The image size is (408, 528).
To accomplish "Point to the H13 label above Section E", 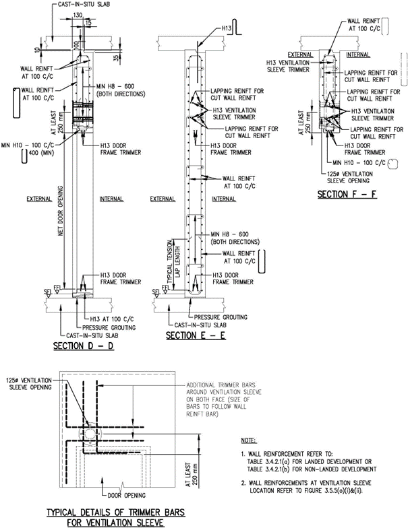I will coord(228,29).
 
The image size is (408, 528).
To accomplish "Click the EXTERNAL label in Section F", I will coord(299,54).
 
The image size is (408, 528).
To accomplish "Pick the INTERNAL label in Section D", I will coord(111,199).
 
